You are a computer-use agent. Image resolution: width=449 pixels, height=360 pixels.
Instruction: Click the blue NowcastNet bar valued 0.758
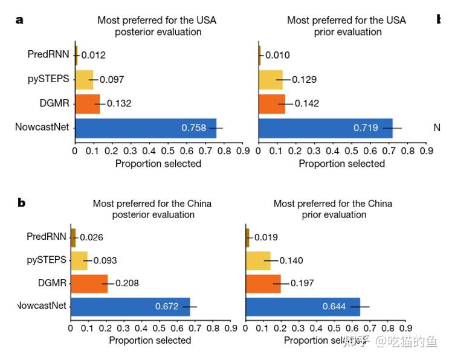[145, 127]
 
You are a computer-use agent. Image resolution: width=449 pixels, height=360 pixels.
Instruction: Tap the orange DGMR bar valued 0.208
[89, 283]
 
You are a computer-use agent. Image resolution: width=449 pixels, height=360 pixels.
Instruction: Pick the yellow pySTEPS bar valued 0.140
[259, 260]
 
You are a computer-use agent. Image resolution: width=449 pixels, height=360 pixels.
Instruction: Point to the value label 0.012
[94, 55]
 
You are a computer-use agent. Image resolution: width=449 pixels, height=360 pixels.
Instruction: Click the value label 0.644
[334, 306]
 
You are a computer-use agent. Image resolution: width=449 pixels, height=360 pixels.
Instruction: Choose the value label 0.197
[303, 283]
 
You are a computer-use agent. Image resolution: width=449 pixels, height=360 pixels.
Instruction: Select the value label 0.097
[112, 79]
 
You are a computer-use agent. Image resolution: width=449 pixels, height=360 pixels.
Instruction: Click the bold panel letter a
[19, 19]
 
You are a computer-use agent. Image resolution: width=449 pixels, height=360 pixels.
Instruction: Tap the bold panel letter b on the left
[22, 203]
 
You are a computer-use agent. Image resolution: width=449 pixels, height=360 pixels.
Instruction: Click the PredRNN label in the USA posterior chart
[48, 54]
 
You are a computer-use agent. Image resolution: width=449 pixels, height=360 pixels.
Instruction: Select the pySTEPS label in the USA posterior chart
[48, 79]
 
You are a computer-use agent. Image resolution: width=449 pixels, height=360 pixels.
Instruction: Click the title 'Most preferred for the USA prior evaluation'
[346, 26]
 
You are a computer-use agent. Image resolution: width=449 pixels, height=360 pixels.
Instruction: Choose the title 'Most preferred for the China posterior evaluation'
[152, 209]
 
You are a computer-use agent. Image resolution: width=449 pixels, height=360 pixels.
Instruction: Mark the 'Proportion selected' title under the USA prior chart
[341, 164]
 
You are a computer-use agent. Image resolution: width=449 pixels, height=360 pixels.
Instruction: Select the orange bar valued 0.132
[87, 103]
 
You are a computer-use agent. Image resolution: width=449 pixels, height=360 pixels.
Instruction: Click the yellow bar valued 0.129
[271, 79]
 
